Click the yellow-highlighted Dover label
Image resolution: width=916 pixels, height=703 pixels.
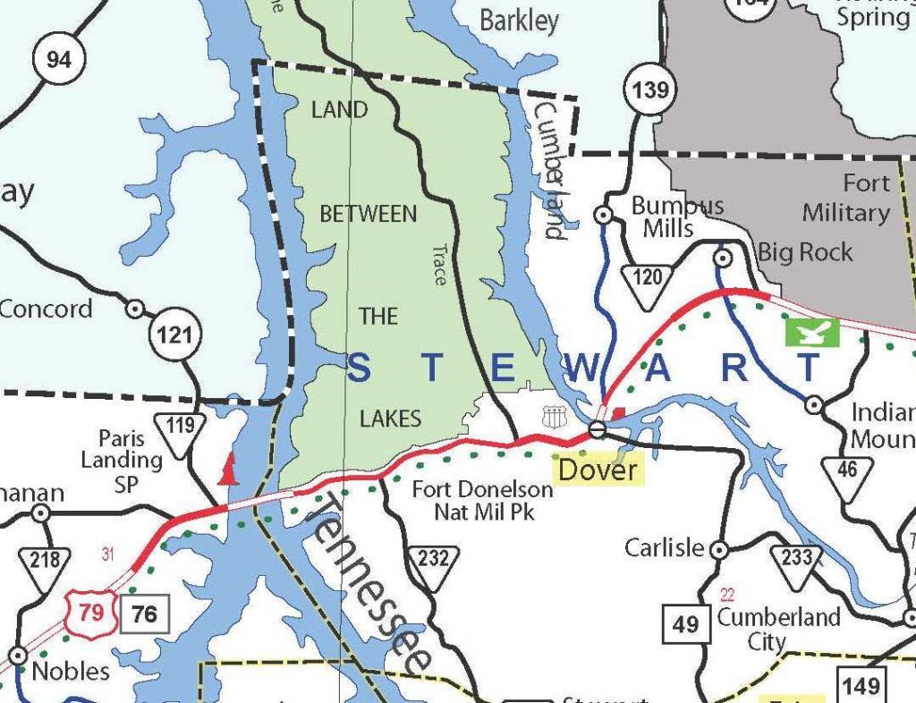[598, 470]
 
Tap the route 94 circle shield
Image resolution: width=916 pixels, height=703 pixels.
[58, 61]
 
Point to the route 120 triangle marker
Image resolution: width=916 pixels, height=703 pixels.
[648, 283]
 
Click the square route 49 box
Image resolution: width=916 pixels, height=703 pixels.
[685, 623]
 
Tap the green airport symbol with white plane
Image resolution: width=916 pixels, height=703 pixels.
[812, 332]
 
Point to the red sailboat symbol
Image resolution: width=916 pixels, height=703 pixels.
[230, 468]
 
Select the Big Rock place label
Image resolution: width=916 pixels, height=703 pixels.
[805, 253]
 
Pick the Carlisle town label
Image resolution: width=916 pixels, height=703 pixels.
[665, 547]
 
